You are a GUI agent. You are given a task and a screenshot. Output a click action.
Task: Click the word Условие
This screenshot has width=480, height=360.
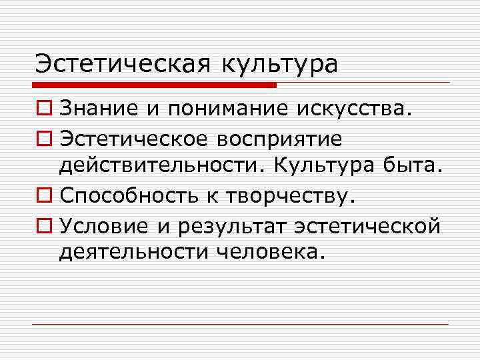105,225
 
